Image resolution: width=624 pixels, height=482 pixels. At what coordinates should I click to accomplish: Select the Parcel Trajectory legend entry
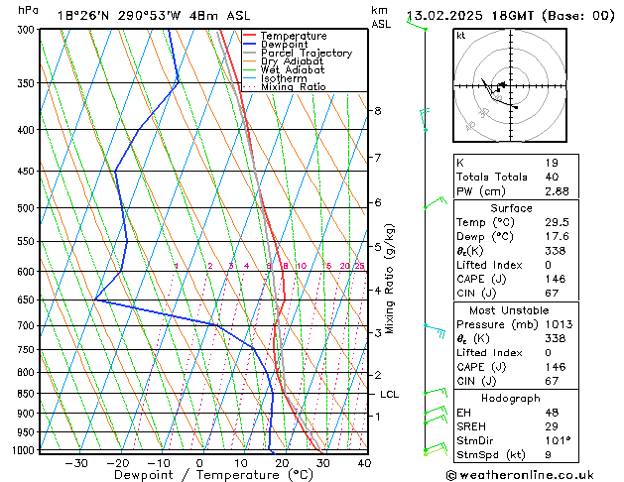coord(306,54)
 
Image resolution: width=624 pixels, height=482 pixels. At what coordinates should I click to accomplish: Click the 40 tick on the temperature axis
coord(364,463)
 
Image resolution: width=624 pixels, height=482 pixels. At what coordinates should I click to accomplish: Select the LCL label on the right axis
coord(390,394)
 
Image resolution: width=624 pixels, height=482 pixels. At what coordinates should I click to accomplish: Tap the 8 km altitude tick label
coord(378,110)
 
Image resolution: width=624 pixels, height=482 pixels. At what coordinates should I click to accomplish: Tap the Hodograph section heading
coord(511,398)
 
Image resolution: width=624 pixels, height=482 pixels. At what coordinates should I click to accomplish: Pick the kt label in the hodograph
coord(461,36)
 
